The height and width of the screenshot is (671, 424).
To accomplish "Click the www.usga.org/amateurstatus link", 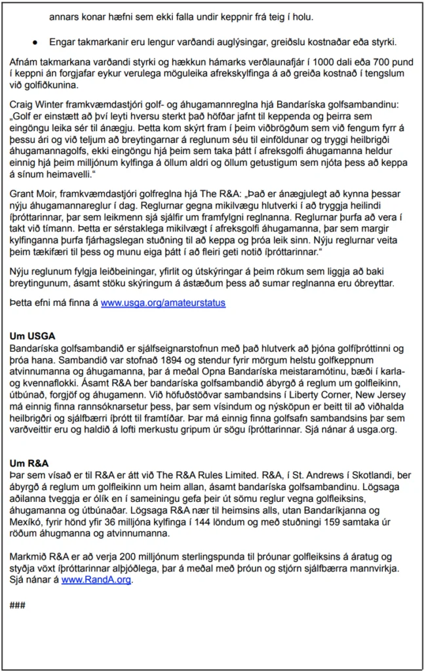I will coord(163,303).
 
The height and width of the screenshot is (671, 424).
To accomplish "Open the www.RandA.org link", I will coord(96,579).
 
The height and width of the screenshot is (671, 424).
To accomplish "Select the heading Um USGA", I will coord(32,336).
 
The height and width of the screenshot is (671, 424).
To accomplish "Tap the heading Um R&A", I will coord(29,462).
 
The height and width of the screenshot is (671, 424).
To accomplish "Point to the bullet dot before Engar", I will coord(34,43).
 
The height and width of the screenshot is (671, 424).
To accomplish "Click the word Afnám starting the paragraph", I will coord(26,62).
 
